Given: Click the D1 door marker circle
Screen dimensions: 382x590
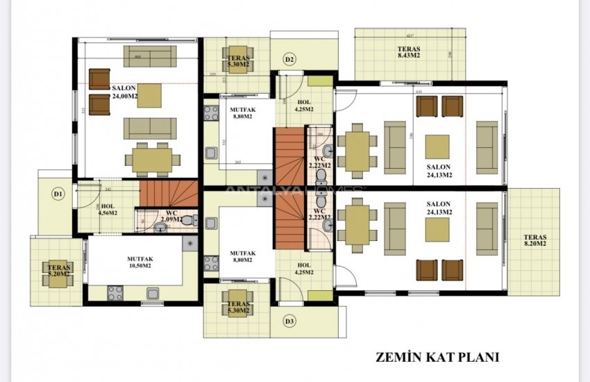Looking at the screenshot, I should click(59, 194).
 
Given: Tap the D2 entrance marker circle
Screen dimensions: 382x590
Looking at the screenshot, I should click(290, 60).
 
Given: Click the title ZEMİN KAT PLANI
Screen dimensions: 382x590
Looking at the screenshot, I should click(437, 358).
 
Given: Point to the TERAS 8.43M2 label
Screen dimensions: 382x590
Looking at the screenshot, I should click(409, 52).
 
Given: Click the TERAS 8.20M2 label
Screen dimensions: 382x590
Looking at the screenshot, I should click(535, 240).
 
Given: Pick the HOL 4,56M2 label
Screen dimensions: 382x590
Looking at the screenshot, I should click(108, 210).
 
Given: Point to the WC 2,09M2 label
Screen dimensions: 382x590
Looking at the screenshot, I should click(171, 217).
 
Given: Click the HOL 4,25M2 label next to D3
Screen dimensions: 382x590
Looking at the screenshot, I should click(304, 268).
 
